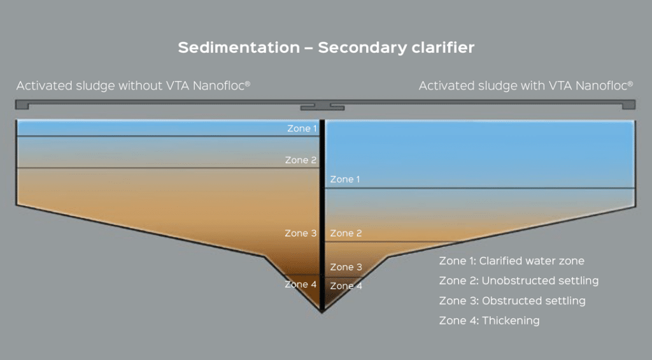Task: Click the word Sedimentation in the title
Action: tap(239, 47)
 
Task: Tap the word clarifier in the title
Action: tap(443, 47)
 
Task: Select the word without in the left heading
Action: tap(140, 86)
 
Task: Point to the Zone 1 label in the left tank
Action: tap(302, 129)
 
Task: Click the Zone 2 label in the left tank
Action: tap(301, 160)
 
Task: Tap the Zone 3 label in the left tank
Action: tap(301, 233)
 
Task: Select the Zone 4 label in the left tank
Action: tap(301, 285)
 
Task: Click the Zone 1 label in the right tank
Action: tap(345, 180)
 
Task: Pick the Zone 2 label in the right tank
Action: tap(346, 233)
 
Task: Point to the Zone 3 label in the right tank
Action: tap(346, 267)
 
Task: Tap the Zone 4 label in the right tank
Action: tap(346, 286)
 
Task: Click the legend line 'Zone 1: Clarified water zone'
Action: tap(512, 261)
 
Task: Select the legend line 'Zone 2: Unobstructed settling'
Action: tap(519, 282)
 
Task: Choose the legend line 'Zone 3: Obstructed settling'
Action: tap(513, 301)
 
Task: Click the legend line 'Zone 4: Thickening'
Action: tap(490, 321)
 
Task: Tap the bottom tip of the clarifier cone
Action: tap(322, 312)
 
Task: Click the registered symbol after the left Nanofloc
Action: tap(248, 83)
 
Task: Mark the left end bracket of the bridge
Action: tap(22, 104)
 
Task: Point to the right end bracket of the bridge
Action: tap(628, 104)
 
